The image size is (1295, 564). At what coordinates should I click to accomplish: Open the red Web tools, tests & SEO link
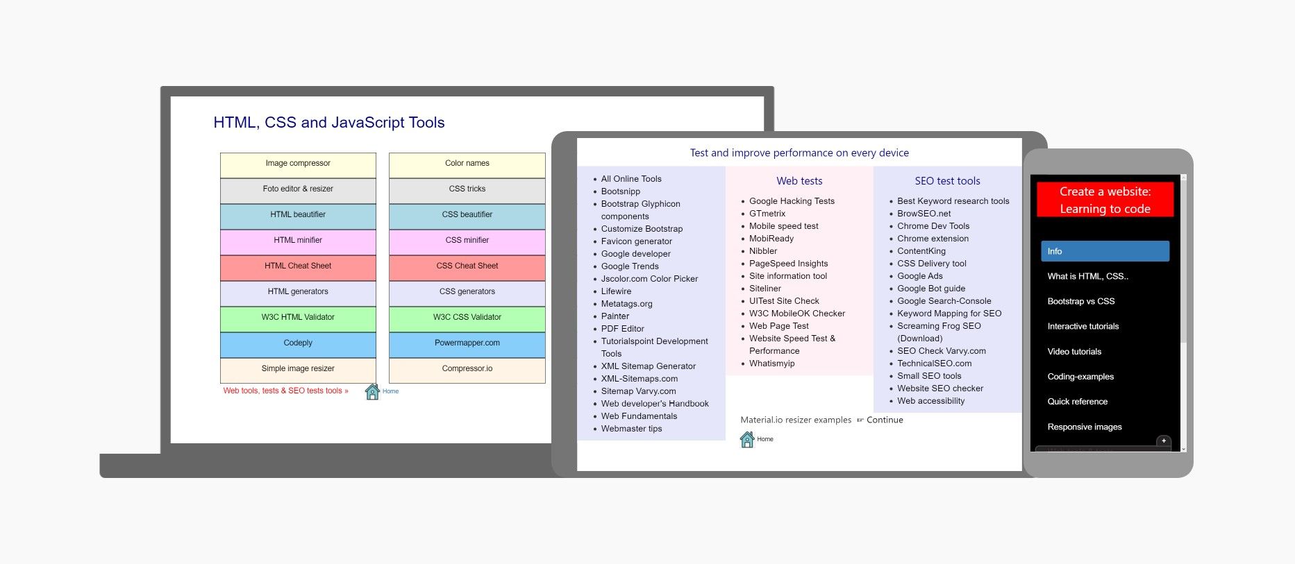pyautogui.click(x=285, y=391)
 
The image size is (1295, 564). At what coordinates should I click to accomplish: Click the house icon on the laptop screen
pyautogui.click(x=372, y=392)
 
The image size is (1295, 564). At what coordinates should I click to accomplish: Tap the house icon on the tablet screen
pyautogui.click(x=747, y=439)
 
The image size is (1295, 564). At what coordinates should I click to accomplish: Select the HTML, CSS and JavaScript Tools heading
pyautogui.click(x=329, y=123)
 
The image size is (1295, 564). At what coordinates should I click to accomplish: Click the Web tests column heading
pyautogui.click(x=799, y=181)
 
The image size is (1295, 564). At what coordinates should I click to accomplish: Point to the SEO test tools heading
pyautogui.click(x=947, y=181)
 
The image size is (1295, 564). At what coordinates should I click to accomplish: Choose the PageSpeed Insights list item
pyautogui.click(x=788, y=264)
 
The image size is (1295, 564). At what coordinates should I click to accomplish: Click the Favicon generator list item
pyautogui.click(x=636, y=241)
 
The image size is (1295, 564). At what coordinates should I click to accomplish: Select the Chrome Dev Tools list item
pyautogui.click(x=933, y=226)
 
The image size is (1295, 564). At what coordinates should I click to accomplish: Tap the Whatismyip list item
pyautogui.click(x=771, y=364)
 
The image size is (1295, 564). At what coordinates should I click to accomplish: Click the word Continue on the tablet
pyautogui.click(x=885, y=420)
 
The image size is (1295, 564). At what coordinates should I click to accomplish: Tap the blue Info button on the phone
pyautogui.click(x=1105, y=251)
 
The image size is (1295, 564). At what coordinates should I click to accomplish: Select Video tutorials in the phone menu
pyautogui.click(x=1074, y=352)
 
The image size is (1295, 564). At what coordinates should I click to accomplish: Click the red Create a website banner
pyautogui.click(x=1105, y=200)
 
